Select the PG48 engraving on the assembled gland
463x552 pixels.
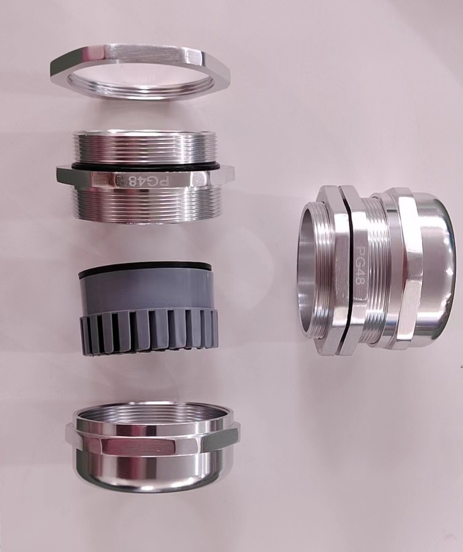(x=360, y=266)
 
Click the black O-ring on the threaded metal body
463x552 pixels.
(x=146, y=166)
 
